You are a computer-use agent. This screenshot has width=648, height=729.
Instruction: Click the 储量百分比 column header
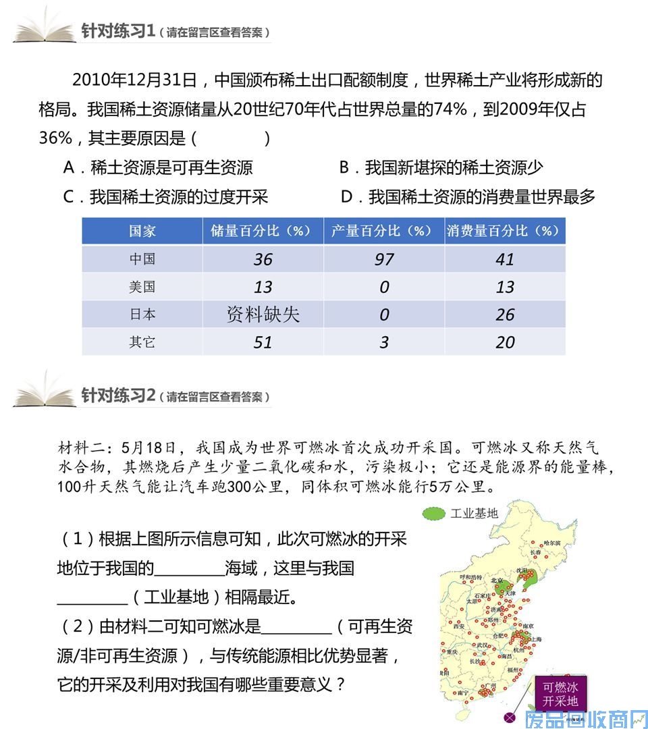tap(263, 231)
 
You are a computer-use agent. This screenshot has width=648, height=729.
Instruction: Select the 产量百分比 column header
tap(383, 231)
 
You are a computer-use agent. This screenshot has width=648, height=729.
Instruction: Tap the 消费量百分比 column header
tap(504, 231)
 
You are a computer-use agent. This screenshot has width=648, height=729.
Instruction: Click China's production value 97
tap(383, 259)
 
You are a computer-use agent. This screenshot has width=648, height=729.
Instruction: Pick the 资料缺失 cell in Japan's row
tap(263, 315)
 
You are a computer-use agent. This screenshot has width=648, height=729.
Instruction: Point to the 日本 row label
tap(142, 315)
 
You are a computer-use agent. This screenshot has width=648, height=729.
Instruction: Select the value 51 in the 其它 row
tap(263, 342)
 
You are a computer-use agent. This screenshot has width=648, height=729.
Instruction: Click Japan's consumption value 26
tap(504, 315)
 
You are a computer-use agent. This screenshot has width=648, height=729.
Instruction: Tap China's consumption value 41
tap(504, 259)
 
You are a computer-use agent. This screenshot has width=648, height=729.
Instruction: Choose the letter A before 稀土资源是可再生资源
tap(68, 168)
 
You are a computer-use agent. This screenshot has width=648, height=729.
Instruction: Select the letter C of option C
tap(68, 197)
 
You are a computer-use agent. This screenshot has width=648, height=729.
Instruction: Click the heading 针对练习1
tap(118, 31)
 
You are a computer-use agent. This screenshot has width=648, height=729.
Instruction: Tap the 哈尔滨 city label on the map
tap(552, 543)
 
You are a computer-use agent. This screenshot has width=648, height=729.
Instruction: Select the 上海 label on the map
tap(537, 639)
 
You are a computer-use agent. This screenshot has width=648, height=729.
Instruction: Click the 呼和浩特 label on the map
tap(470, 577)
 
